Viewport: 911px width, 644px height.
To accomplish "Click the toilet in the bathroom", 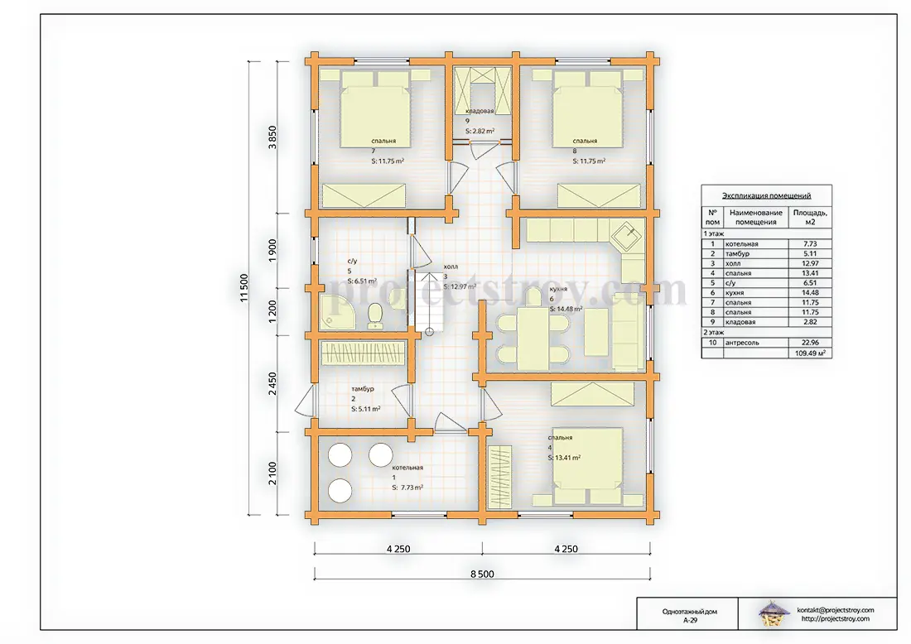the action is [x=375, y=316].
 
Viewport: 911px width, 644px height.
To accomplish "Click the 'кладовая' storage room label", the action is [x=480, y=111].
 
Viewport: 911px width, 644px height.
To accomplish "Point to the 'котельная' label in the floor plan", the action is [x=407, y=468].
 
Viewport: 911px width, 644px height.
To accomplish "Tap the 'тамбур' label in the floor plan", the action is [x=363, y=389].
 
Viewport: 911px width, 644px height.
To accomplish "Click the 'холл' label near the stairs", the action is [x=451, y=267].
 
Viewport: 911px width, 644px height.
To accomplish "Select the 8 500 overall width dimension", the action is [x=482, y=574].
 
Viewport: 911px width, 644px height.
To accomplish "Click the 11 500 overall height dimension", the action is [x=244, y=287].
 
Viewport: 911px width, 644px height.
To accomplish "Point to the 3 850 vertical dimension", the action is [x=272, y=137].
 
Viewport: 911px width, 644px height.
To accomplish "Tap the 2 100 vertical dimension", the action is [x=272, y=473].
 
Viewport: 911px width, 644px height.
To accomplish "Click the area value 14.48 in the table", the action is [x=810, y=293].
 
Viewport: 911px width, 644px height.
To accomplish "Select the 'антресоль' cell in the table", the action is [x=742, y=343].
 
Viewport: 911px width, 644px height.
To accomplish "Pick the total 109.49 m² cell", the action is [x=810, y=353].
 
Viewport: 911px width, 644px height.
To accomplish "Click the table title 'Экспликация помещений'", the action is [x=766, y=195].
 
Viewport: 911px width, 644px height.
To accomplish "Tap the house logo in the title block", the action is [x=772, y=614].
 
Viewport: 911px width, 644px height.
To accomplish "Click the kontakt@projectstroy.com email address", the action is [x=836, y=610].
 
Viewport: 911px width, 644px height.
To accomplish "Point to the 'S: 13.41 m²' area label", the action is [x=564, y=458].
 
